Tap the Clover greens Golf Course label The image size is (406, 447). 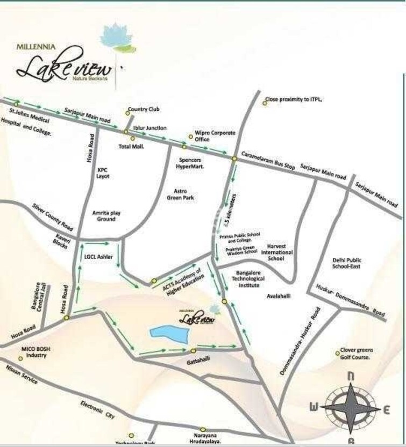[357, 353]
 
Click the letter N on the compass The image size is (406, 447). [350, 376]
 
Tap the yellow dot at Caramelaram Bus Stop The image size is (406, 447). [234, 159]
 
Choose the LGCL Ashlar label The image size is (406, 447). [99, 257]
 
